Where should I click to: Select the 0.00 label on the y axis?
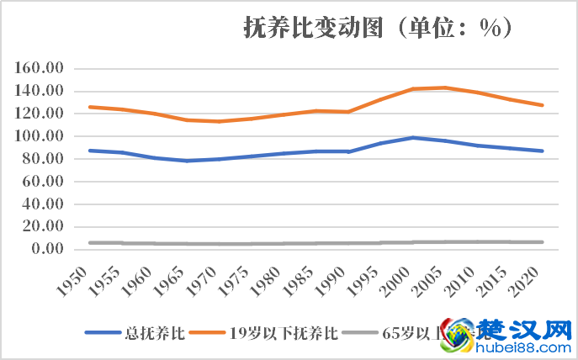(48, 249)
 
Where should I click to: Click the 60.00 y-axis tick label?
(45, 182)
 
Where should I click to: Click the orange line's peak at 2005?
(444, 87)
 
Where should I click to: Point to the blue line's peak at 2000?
(413, 137)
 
